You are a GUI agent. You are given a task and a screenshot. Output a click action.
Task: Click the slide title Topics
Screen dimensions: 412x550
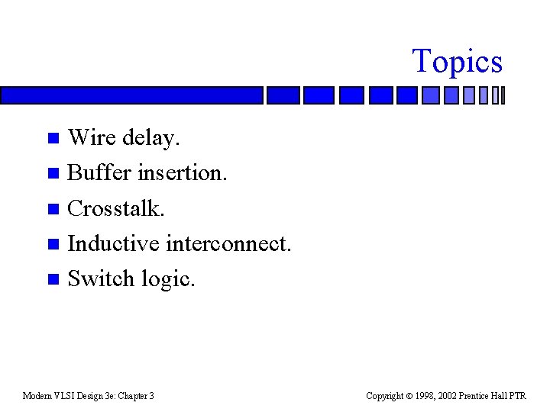click(x=457, y=61)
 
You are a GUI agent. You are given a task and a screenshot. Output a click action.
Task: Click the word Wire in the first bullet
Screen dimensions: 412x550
click(x=90, y=138)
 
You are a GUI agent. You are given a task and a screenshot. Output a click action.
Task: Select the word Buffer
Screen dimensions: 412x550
click(x=99, y=173)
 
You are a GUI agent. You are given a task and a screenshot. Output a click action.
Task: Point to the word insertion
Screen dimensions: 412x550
click(x=182, y=173)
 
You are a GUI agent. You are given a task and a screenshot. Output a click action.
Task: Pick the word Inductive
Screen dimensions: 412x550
click(x=113, y=243)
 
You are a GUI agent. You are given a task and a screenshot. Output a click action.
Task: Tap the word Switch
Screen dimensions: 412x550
click(x=102, y=278)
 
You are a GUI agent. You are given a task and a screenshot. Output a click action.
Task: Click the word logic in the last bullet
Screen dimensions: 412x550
click(x=169, y=279)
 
